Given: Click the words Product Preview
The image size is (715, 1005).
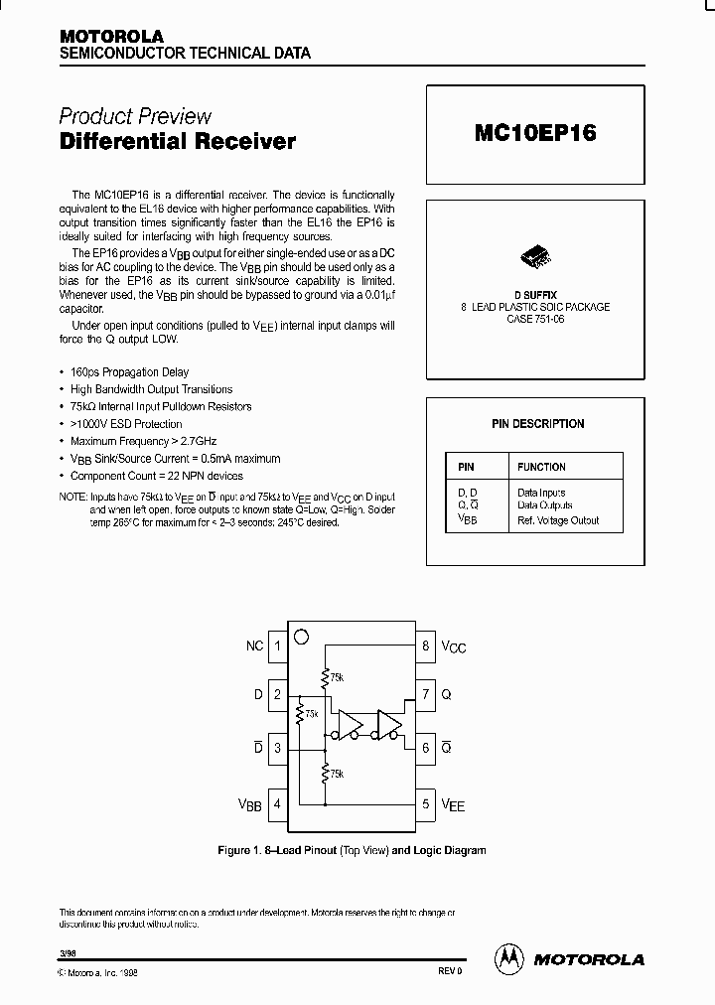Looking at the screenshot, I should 135,116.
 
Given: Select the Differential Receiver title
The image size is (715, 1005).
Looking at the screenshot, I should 178,142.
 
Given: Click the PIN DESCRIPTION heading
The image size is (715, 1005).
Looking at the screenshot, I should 538,424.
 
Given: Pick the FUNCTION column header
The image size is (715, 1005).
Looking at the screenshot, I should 541,467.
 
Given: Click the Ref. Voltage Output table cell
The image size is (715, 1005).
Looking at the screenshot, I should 558,520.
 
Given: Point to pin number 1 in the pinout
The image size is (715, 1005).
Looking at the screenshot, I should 278,646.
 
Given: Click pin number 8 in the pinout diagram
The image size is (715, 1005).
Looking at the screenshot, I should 425,646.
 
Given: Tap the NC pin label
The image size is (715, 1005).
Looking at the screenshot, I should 254,646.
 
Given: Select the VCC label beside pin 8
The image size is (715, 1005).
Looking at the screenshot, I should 453,647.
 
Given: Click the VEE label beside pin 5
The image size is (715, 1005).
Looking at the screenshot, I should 453,804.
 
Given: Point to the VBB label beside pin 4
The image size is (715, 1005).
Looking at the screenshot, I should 249,804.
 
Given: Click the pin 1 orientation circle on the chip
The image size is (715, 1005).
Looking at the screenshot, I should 302,636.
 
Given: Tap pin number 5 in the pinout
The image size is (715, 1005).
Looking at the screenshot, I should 425,803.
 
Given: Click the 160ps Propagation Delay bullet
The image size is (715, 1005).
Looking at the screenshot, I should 130,372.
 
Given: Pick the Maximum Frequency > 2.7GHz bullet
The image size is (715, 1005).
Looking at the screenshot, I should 144,441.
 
